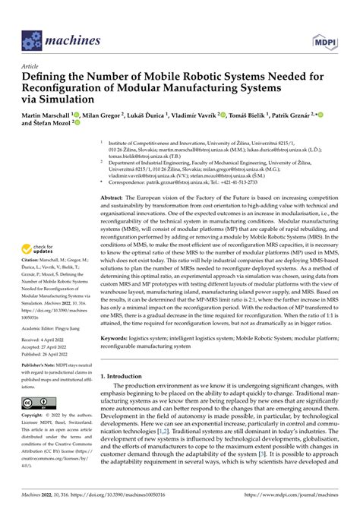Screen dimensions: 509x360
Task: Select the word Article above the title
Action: (33, 66)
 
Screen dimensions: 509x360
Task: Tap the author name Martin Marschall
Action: (52, 115)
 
